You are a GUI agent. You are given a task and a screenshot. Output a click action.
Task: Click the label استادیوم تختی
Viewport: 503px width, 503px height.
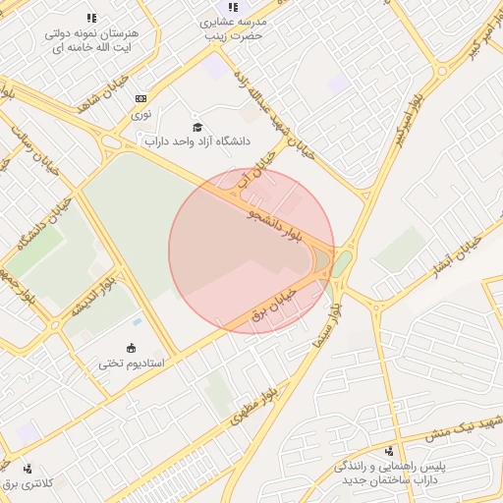(x=131, y=363)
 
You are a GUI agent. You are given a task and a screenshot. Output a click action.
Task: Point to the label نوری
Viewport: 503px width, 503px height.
(x=141, y=114)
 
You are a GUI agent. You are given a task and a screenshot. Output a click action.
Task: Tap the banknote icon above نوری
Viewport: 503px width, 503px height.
(x=141, y=99)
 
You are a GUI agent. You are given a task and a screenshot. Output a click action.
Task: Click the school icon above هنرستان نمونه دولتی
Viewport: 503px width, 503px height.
(x=91, y=18)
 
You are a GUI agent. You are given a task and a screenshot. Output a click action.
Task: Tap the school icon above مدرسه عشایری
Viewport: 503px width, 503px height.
(x=233, y=7)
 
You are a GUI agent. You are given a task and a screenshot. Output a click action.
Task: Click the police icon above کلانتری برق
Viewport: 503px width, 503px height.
(x=27, y=469)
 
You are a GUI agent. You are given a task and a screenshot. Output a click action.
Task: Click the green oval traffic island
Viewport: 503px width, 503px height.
(x=341, y=263)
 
